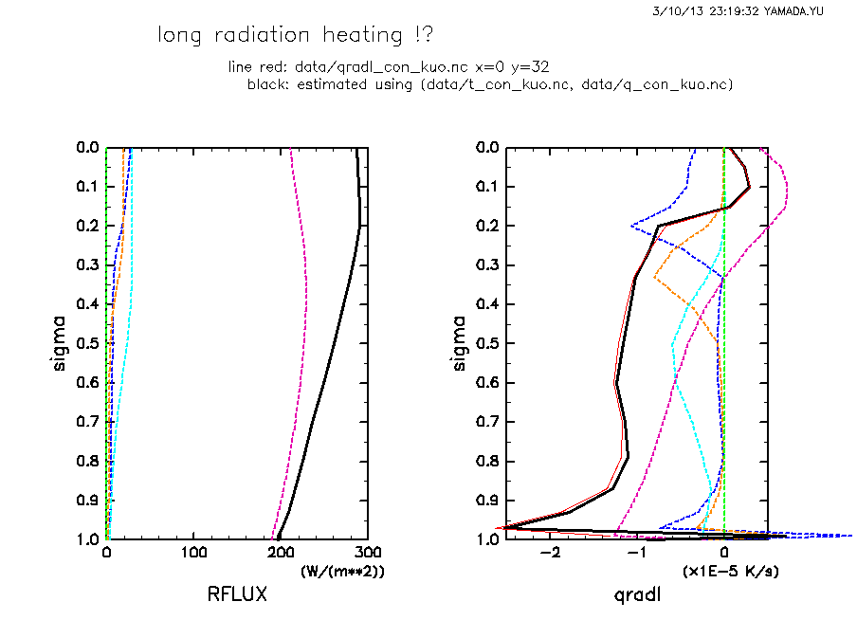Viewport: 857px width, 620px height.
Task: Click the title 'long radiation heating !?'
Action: coord(296,36)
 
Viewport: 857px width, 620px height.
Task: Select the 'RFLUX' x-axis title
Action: coord(237,594)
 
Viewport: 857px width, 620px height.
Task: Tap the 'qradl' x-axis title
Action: coord(637,594)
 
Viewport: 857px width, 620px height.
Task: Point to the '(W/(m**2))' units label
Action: coord(342,572)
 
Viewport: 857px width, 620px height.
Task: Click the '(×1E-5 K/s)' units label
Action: coord(731,572)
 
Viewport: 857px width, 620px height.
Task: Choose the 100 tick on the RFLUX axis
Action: coord(194,553)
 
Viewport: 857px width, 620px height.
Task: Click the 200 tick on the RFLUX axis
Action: coord(282,553)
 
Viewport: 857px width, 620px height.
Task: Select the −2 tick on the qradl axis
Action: coord(549,553)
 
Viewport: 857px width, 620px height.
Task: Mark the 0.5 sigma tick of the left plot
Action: coord(88,343)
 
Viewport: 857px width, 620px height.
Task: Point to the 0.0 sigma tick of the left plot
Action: coord(88,148)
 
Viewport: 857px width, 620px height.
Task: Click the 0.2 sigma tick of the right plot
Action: coord(489,226)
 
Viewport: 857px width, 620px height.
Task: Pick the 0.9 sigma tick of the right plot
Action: coord(489,500)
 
